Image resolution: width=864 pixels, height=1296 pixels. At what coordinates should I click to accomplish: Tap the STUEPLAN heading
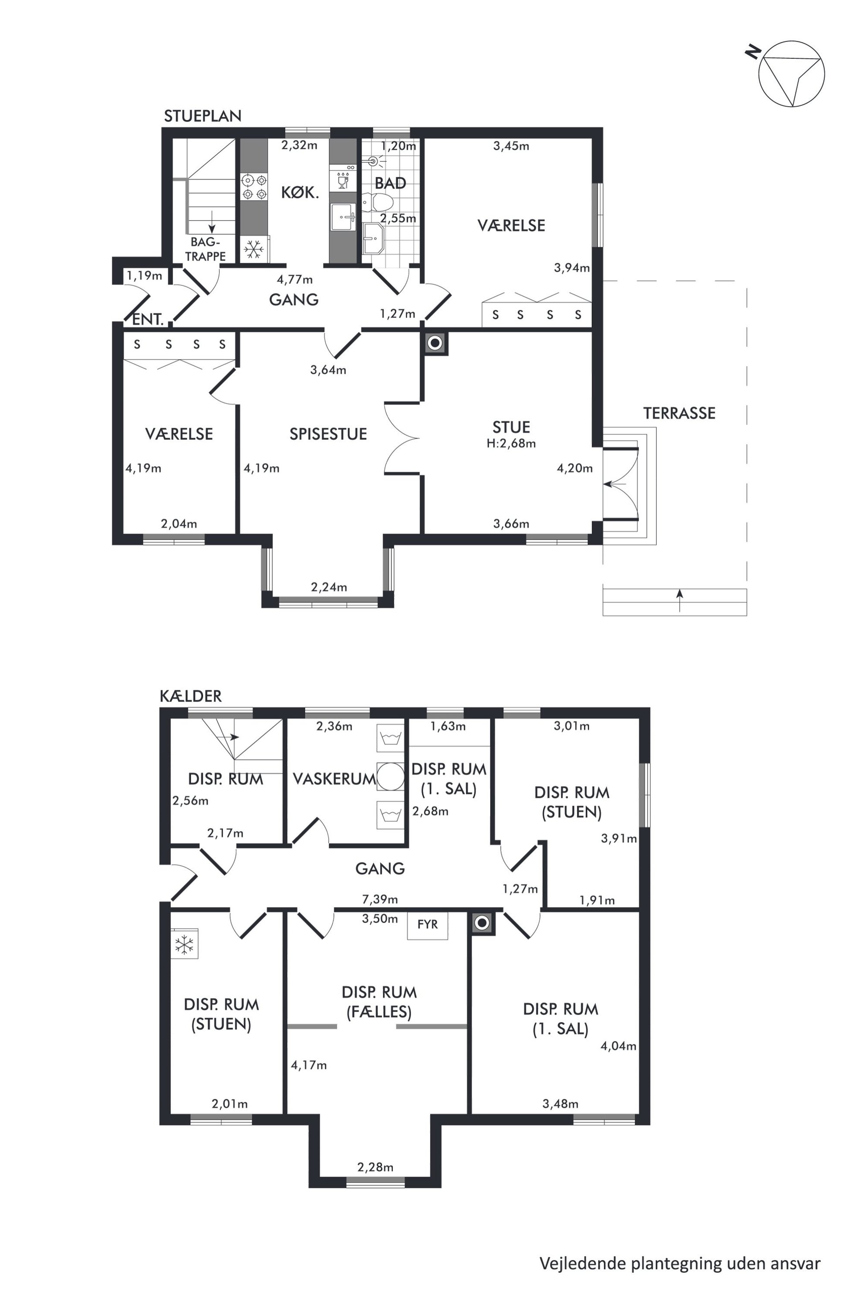(203, 116)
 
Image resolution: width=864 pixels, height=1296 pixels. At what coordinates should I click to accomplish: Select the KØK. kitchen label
(300, 192)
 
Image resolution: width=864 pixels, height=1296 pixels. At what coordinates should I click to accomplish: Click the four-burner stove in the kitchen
(254, 187)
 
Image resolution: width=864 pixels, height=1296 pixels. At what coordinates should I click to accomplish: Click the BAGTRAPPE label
(206, 249)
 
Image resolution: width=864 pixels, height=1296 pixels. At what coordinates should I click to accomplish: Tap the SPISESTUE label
(328, 434)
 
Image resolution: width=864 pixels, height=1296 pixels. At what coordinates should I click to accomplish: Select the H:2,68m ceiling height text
(511, 444)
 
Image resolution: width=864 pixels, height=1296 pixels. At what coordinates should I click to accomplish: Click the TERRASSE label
(679, 413)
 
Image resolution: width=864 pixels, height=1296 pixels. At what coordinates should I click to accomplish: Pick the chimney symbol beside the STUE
(435, 343)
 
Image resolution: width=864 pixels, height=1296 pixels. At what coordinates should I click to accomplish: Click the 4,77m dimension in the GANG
(295, 280)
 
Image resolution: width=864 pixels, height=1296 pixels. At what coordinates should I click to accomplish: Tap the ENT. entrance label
(148, 320)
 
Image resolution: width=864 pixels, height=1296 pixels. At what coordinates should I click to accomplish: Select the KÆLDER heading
(191, 696)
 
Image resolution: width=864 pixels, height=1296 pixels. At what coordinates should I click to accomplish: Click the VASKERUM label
(334, 779)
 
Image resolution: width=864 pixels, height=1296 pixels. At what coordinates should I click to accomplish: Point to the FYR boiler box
(428, 925)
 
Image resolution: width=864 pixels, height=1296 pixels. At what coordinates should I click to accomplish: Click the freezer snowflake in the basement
(184, 945)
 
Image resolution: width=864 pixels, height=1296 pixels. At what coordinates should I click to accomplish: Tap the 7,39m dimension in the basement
(380, 900)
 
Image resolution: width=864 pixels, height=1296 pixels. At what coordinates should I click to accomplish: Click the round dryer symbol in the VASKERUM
(391, 776)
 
